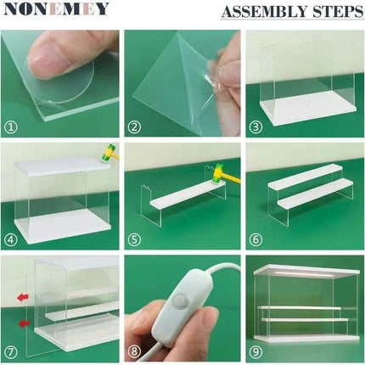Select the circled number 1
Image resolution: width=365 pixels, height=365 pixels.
click(12, 126)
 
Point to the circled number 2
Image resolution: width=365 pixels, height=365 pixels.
click(133, 126)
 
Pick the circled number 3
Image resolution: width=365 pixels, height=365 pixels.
click(255, 126)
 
